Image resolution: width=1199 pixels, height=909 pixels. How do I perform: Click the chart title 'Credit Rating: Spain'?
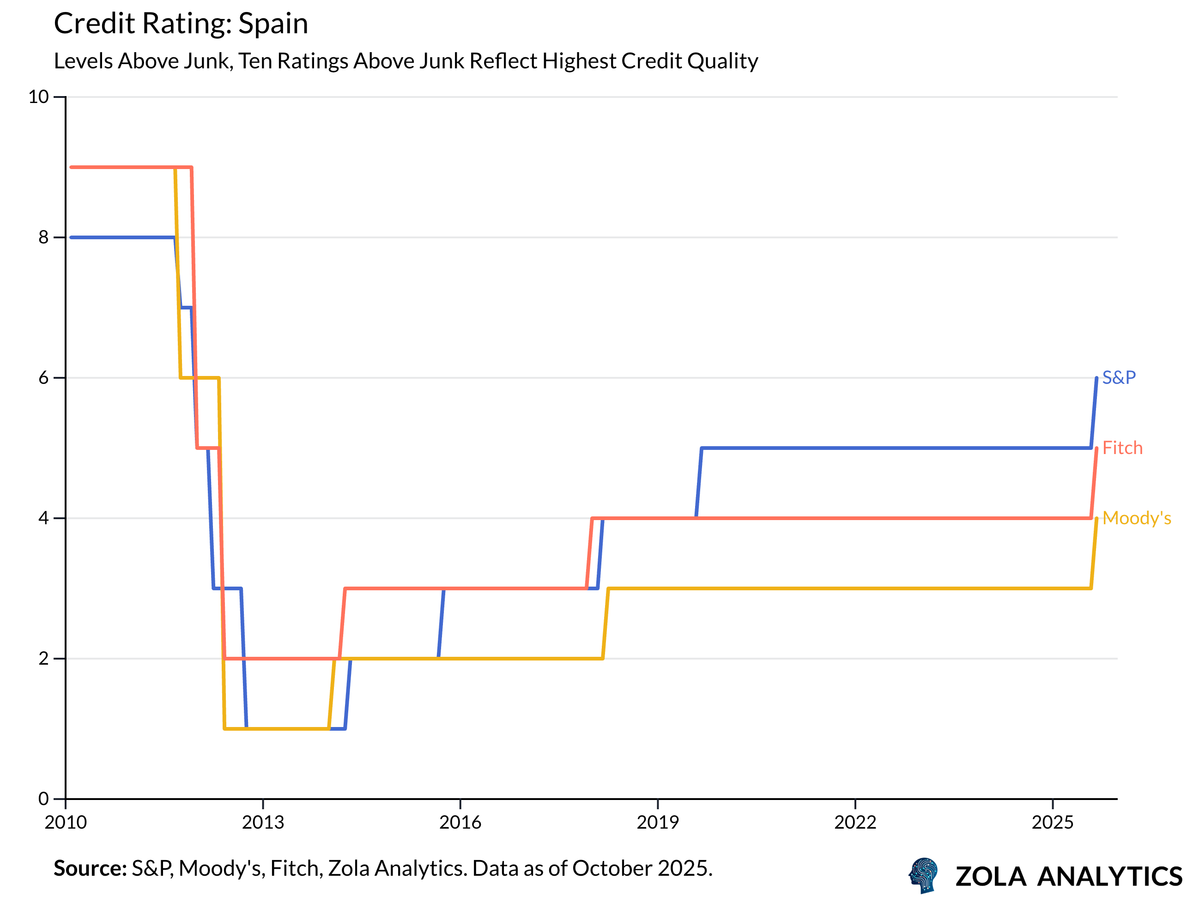click(181, 24)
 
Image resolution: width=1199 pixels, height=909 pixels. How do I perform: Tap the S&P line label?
click(1119, 378)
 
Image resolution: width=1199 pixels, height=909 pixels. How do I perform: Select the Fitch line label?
click(1122, 448)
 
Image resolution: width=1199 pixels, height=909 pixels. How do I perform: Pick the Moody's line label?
click(1136, 519)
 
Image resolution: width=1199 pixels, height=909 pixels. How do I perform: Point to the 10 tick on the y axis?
click(38, 97)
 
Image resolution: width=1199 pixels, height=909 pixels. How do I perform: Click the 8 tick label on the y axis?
click(43, 237)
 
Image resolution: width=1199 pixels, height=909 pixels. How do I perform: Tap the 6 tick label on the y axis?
click(43, 378)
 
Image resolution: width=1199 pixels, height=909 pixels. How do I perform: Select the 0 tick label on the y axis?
click(43, 799)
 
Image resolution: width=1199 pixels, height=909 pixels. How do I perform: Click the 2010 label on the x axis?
click(66, 823)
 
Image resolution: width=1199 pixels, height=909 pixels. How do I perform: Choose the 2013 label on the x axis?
click(263, 823)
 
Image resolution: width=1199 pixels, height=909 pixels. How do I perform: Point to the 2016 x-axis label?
click(460, 823)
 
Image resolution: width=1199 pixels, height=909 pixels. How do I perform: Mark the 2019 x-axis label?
click(658, 823)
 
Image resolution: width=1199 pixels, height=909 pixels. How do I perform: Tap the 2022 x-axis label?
click(855, 823)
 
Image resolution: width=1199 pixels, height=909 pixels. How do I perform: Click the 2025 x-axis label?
click(1052, 823)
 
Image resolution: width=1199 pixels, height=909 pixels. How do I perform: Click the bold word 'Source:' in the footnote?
click(90, 869)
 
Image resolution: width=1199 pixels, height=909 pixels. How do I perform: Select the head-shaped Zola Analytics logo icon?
click(924, 875)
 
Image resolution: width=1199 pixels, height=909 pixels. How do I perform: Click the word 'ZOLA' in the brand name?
click(990, 877)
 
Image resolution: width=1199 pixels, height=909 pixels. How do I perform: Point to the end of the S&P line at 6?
click(1096, 378)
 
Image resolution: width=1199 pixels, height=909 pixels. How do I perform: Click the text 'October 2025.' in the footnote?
click(642, 869)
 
